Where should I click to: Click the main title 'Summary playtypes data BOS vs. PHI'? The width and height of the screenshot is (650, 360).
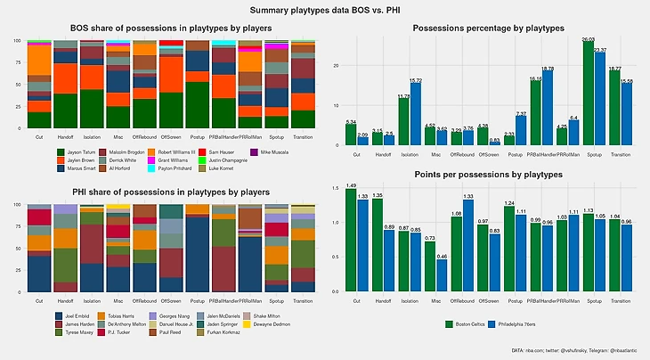[x=325, y=10]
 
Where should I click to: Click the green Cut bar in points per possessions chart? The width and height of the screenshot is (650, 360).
[x=351, y=241]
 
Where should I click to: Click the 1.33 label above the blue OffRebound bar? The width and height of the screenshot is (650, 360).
[x=468, y=197]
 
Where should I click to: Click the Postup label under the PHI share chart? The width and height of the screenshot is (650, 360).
[x=195, y=299]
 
